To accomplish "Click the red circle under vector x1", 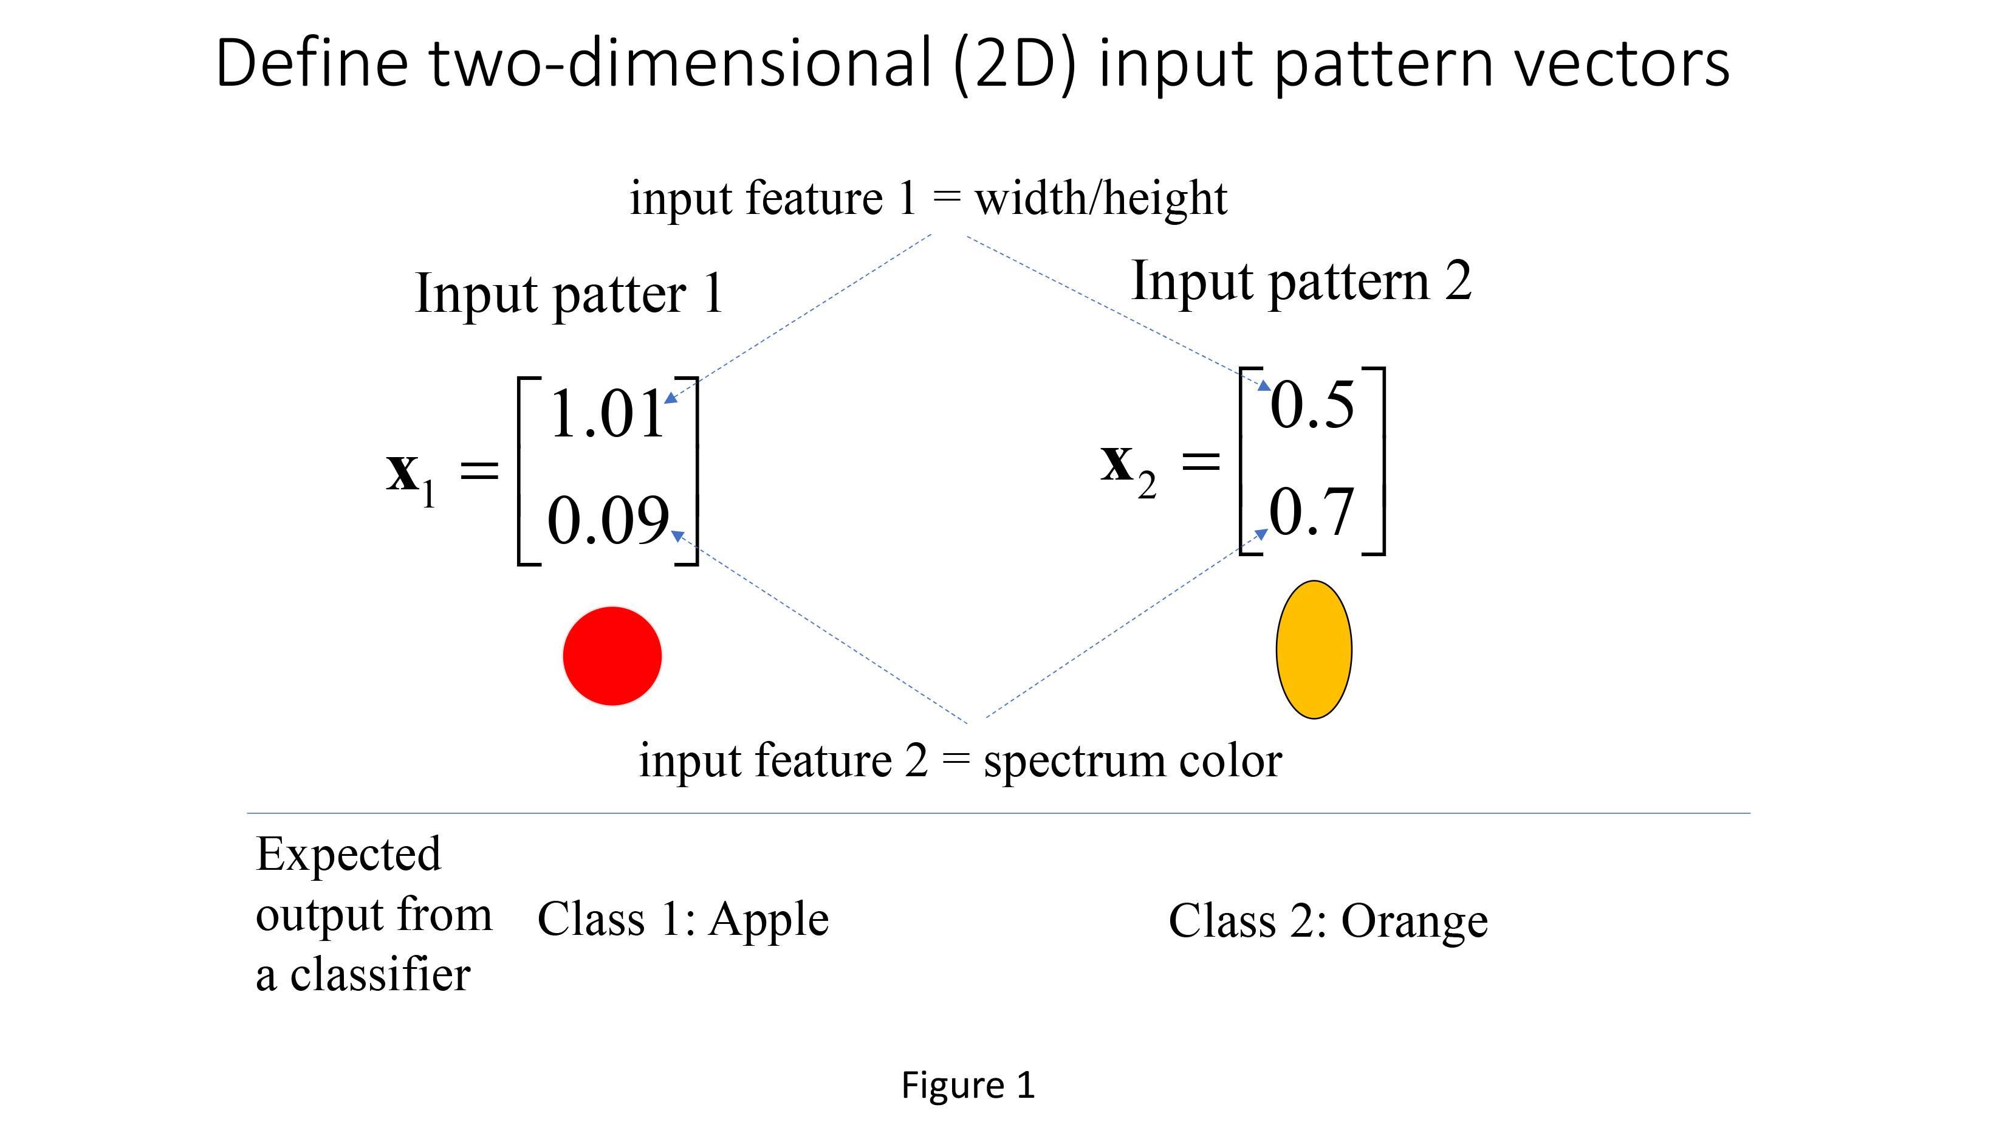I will click(612, 656).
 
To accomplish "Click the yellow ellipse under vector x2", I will click(1313, 650).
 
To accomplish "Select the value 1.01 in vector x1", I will click(606, 415).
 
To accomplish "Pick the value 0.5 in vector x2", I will click(1312, 405).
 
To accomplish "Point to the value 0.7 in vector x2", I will click(1312, 512).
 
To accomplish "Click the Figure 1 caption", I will click(967, 1085).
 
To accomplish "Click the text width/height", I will click(1100, 199).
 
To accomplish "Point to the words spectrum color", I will click(1132, 761).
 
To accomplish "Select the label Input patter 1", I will click(569, 294).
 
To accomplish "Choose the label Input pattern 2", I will click(1301, 281).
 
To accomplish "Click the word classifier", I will click(380, 975).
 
